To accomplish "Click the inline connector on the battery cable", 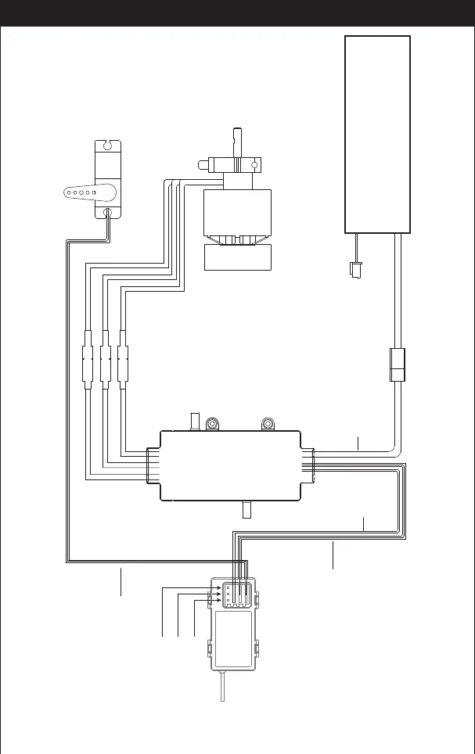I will (398, 365).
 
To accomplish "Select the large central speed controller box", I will (230, 465).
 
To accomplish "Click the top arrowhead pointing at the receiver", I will (218, 586).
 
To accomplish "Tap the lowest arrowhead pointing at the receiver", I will (218, 601).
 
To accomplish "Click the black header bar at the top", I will (237, 13).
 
